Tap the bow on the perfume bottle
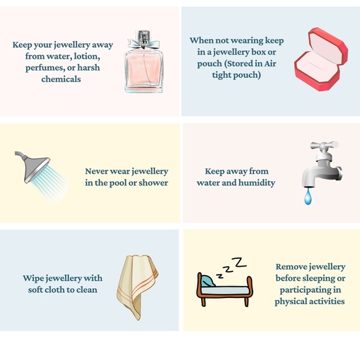tap(143, 43)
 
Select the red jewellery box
tap(321, 59)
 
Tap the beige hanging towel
tap(137, 287)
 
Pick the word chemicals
tap(61, 79)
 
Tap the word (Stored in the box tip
tap(240, 63)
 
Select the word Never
tap(96, 171)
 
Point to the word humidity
tap(257, 183)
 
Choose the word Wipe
tap(33, 279)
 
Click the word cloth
tap(55, 290)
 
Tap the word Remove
tap(290, 267)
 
